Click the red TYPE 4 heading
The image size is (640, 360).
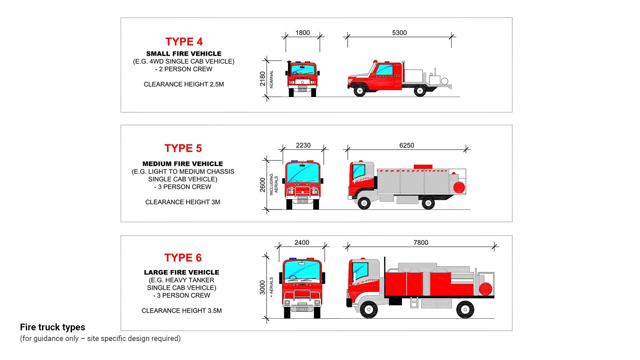[x=184, y=42]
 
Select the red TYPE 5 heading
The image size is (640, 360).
[x=183, y=148]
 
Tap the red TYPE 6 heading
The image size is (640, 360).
[x=183, y=258]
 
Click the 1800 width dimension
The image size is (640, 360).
[x=302, y=33]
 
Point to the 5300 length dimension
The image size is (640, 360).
[x=399, y=33]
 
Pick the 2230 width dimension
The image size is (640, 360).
[x=303, y=145]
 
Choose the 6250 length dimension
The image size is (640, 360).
[x=407, y=145]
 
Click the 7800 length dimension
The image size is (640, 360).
[x=421, y=243]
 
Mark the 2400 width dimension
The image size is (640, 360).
[x=302, y=243]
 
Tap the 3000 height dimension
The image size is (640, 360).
[x=263, y=287]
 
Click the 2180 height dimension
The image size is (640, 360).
[x=263, y=79]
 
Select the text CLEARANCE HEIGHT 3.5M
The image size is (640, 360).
[x=182, y=311]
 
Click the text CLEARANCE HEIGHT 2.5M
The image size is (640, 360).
[x=184, y=84]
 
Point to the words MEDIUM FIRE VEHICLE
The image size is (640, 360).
[x=183, y=164]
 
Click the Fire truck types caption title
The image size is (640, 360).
[x=53, y=327]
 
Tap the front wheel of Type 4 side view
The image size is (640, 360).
[x=359, y=90]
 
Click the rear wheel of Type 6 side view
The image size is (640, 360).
[x=465, y=309]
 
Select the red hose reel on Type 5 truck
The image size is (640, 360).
[x=459, y=187]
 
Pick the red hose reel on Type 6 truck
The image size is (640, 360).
[x=485, y=289]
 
